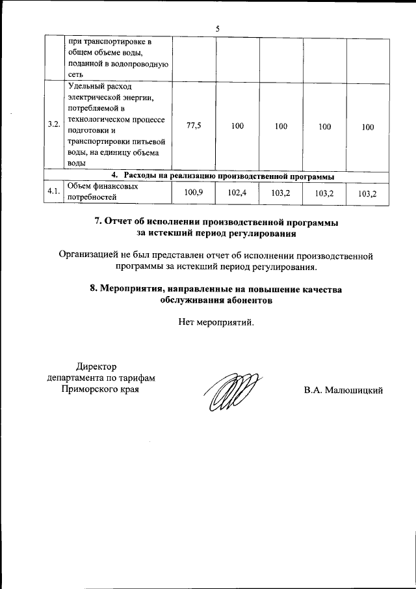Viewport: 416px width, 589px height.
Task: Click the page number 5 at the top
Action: click(218, 28)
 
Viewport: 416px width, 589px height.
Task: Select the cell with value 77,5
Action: click(194, 127)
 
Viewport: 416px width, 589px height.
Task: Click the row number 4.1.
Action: click(54, 192)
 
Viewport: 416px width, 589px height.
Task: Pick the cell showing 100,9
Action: click(194, 192)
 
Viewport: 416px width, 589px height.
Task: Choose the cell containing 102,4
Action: click(237, 192)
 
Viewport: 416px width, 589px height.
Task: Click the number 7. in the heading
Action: click(100, 222)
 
